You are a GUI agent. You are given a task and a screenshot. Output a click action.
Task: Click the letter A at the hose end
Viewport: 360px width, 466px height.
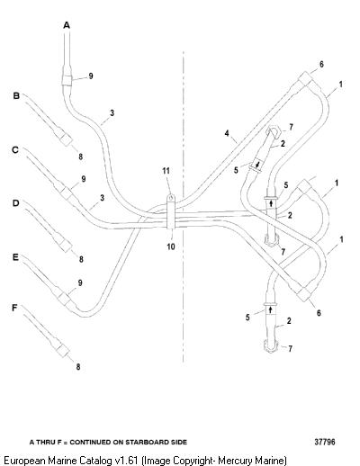[67, 25]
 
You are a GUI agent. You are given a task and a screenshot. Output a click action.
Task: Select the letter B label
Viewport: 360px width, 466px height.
[16, 95]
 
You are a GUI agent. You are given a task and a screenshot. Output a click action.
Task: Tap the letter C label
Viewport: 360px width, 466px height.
[15, 149]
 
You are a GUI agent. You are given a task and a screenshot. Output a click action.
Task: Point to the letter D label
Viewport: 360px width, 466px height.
[15, 203]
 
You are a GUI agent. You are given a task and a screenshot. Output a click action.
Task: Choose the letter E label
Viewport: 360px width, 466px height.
[15, 257]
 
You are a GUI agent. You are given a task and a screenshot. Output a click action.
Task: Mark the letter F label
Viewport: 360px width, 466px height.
[14, 308]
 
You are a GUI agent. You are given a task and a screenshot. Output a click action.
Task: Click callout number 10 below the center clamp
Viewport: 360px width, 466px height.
[171, 246]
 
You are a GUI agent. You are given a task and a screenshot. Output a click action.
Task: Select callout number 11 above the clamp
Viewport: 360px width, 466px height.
[166, 171]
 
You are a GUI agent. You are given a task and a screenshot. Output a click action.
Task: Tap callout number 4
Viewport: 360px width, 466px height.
[227, 133]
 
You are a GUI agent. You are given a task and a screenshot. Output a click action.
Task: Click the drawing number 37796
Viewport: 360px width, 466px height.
[325, 442]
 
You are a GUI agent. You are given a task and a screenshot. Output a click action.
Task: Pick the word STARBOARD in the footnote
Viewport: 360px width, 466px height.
[147, 442]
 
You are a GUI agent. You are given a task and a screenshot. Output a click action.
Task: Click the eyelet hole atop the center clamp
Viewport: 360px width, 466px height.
[171, 197]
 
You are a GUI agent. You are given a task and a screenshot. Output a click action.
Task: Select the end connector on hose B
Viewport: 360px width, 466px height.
[66, 139]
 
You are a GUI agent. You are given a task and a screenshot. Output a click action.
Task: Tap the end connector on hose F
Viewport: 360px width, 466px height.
[63, 350]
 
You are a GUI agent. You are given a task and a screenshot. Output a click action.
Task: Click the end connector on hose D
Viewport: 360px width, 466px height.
[65, 246]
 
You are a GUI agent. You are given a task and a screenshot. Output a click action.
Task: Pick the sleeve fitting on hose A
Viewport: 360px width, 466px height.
[67, 80]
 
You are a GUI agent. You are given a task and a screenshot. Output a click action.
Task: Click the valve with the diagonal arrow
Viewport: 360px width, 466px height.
[256, 165]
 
